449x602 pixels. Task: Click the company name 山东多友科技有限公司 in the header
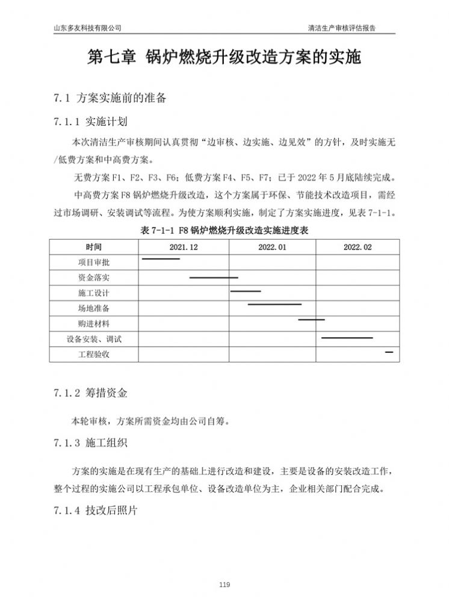click(x=87, y=28)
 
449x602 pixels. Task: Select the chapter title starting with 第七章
click(x=224, y=58)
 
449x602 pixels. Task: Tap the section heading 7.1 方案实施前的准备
click(x=110, y=98)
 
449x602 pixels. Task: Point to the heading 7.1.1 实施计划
click(x=90, y=122)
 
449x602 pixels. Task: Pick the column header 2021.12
click(x=184, y=247)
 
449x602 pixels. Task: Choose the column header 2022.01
click(x=272, y=247)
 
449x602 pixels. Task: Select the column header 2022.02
click(x=358, y=247)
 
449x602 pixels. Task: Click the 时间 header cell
click(x=94, y=247)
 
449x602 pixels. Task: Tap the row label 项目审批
click(x=94, y=262)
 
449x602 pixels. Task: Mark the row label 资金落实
click(x=94, y=278)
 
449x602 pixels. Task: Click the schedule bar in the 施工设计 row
click(x=246, y=291)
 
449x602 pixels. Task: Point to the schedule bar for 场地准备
click(x=274, y=305)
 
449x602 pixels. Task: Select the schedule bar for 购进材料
click(x=311, y=320)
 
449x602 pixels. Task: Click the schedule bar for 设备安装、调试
click(x=347, y=338)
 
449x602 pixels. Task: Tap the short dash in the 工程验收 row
click(x=389, y=351)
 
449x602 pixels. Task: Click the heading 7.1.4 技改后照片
click(x=95, y=510)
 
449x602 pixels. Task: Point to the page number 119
click(x=224, y=585)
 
